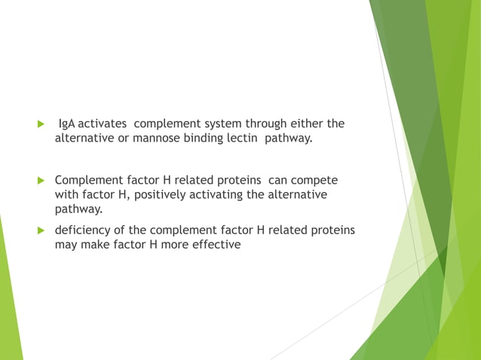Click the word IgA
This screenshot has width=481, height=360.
coord(68,124)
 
